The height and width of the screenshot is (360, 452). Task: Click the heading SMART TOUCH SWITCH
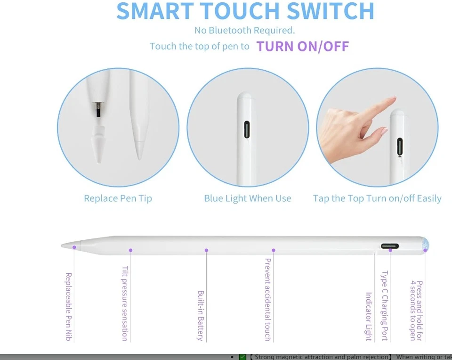(x=245, y=11)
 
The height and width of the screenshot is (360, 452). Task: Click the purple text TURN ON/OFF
(x=302, y=46)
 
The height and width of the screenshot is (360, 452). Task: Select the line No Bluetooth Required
(x=244, y=30)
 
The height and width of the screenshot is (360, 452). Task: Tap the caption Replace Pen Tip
(x=118, y=198)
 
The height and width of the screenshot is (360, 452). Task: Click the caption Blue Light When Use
(x=247, y=198)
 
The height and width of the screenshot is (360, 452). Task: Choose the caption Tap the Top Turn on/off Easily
(x=377, y=198)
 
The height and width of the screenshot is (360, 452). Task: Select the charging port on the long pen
(x=389, y=246)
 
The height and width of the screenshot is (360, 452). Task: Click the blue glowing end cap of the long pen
(x=426, y=245)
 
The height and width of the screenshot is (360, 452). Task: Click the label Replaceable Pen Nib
(x=69, y=306)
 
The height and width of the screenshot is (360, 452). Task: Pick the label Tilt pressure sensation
(x=125, y=303)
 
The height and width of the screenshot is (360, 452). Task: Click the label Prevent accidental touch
(x=267, y=299)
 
